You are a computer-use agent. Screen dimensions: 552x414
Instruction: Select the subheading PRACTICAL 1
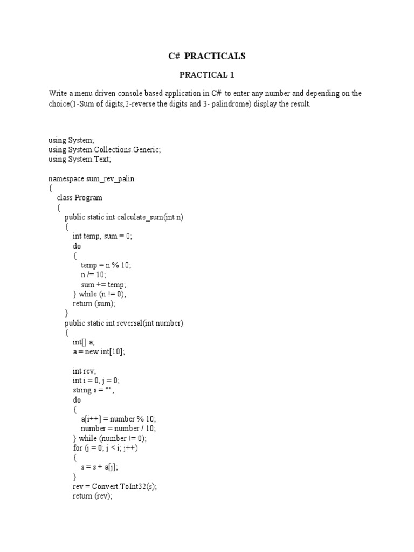(207, 74)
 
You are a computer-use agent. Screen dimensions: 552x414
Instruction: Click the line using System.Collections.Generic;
(105, 149)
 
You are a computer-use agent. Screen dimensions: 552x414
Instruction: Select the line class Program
(79, 198)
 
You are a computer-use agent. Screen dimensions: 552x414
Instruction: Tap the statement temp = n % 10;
(106, 265)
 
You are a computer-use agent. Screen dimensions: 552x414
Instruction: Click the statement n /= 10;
(94, 275)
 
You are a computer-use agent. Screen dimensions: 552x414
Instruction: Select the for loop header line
(109, 448)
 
